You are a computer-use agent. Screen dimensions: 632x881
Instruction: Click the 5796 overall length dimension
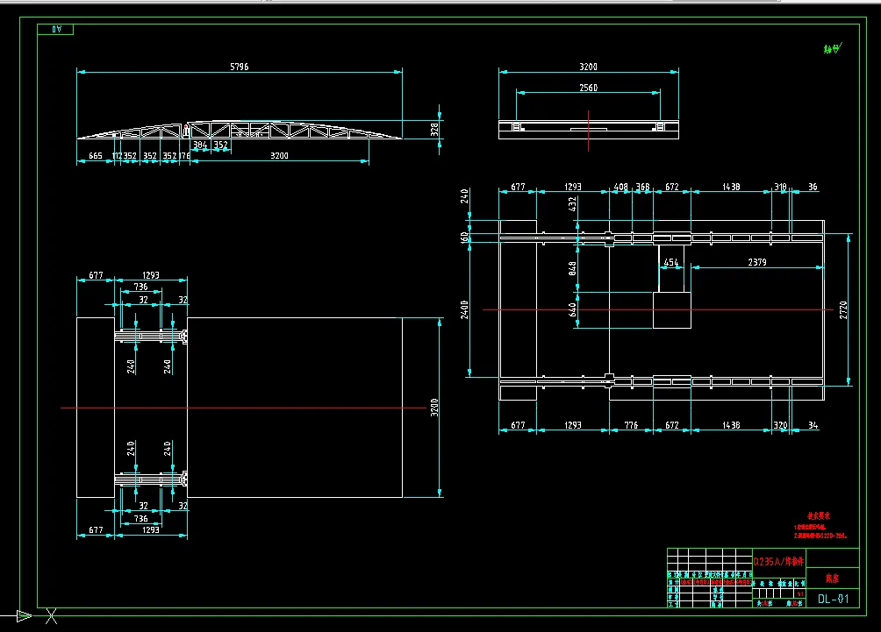click(239, 67)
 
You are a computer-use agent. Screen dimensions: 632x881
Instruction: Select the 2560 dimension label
click(588, 88)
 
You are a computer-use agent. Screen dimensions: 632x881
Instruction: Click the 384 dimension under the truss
click(200, 145)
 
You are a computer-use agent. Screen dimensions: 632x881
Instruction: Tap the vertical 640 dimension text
click(573, 310)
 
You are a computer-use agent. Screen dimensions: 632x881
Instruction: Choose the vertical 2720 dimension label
click(843, 309)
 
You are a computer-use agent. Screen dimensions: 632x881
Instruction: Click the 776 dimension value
click(631, 425)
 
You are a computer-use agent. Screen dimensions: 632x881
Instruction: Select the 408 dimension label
click(621, 187)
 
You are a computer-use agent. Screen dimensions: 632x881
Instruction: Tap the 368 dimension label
click(642, 187)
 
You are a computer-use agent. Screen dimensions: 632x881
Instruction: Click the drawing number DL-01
click(833, 600)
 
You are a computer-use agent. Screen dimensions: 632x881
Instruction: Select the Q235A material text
click(778, 560)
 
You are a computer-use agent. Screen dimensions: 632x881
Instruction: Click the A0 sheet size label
click(58, 30)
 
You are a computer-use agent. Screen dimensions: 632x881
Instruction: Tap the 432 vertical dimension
click(573, 203)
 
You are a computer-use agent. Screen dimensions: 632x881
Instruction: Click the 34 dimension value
click(813, 425)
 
